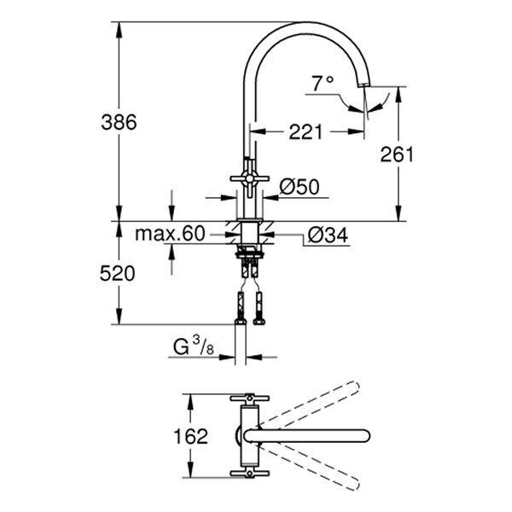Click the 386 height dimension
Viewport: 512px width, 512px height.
119,122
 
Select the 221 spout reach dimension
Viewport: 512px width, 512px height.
305,131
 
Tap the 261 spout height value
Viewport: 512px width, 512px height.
397,154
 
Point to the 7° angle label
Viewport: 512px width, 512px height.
322,84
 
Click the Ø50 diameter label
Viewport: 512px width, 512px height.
299,186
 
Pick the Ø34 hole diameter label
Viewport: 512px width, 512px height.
325,233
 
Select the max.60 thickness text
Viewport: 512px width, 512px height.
171,234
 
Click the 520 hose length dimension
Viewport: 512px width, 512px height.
119,274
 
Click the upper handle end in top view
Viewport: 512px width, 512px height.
249,399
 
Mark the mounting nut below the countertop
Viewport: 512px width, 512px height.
248,253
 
